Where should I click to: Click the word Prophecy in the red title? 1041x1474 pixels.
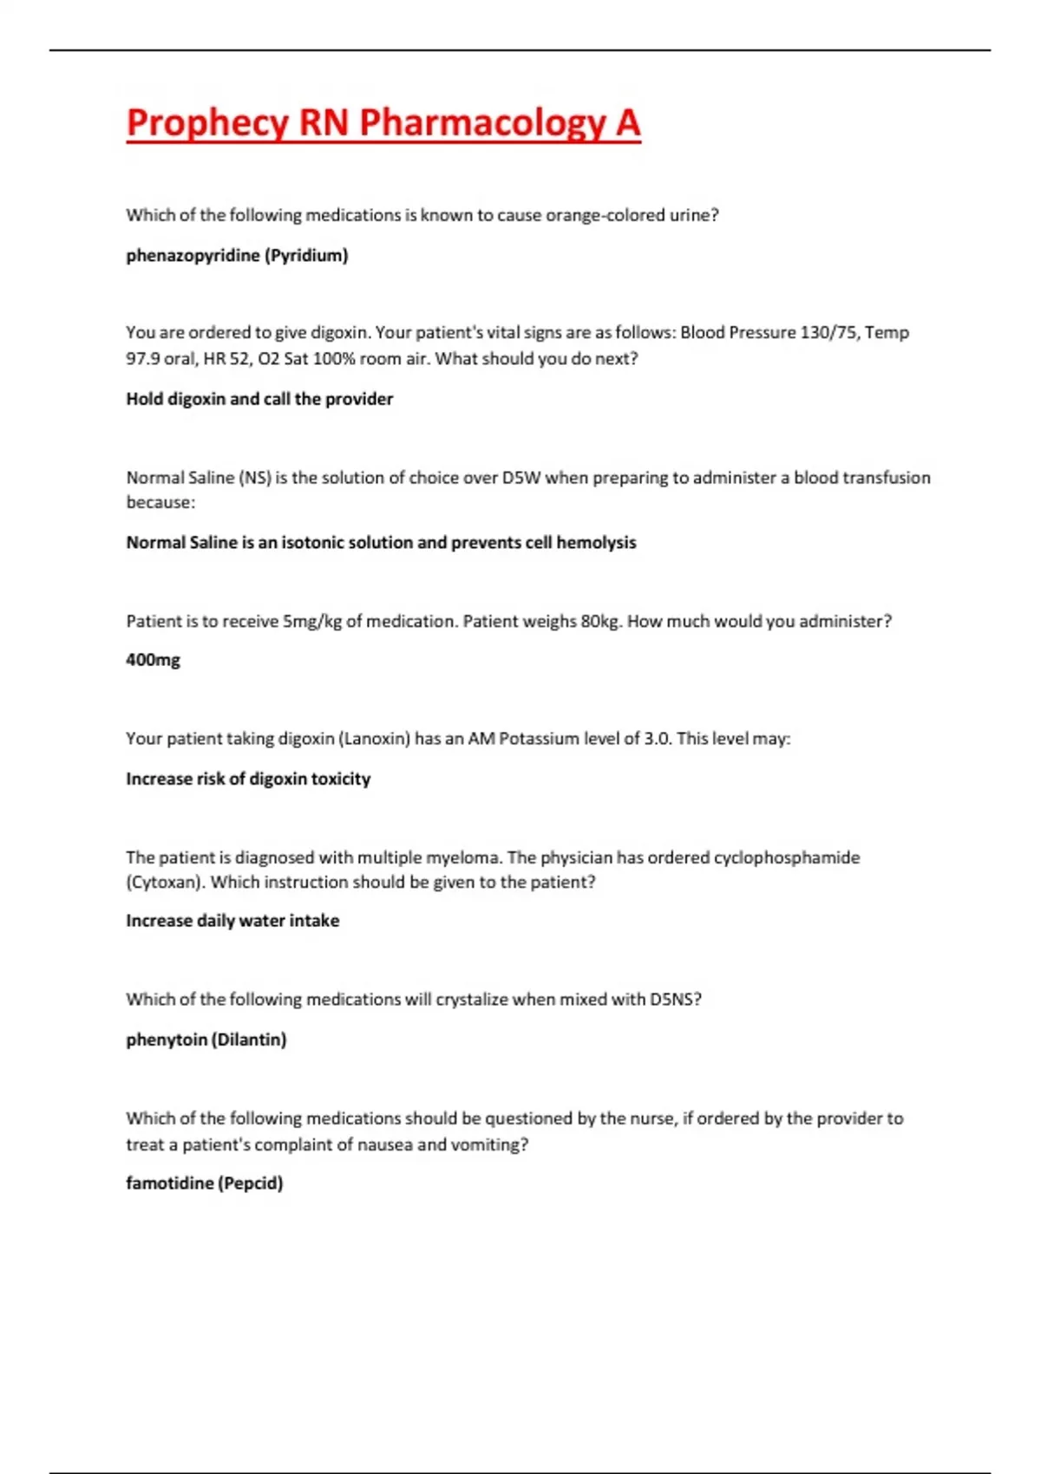[x=207, y=123]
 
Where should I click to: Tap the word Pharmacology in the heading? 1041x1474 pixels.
[x=482, y=123]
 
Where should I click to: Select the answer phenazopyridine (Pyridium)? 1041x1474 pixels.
[x=237, y=256]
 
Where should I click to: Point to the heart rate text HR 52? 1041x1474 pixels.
[x=226, y=359]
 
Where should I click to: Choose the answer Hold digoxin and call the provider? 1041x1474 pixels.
[x=259, y=399]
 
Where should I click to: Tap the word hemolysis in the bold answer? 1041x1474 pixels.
[x=596, y=543]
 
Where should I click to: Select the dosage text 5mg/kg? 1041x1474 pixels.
[x=312, y=622]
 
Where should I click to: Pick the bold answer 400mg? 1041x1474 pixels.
[x=153, y=660]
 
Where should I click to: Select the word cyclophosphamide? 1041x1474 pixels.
[x=787, y=858]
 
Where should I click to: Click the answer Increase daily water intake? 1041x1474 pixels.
[x=232, y=921]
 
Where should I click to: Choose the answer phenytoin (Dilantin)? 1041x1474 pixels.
[x=206, y=1040]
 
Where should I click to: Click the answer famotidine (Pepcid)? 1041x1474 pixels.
[x=204, y=1184]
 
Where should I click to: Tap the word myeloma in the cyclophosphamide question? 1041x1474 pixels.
[x=462, y=858]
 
